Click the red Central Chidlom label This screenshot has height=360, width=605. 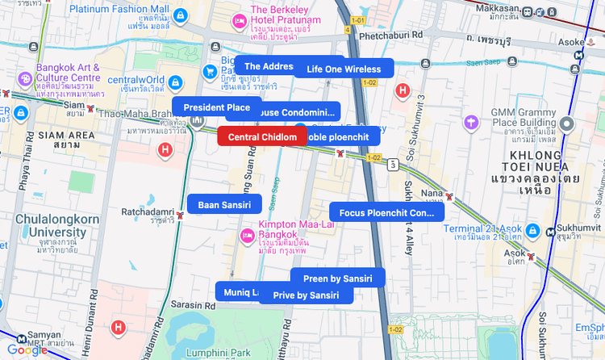262,137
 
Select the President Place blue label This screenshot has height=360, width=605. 216,107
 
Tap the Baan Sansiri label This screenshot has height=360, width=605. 224,205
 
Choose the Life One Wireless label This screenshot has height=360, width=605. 344,69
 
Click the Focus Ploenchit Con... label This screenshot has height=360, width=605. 386,213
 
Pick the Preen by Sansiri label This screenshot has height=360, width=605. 337,278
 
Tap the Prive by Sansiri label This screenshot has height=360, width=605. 306,295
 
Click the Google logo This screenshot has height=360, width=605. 27,350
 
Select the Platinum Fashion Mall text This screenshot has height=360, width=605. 119,9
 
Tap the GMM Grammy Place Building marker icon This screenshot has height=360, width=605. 567,123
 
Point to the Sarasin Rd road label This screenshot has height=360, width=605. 190,305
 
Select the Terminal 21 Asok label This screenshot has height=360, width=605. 485,228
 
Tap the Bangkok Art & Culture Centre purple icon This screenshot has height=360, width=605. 26,79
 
